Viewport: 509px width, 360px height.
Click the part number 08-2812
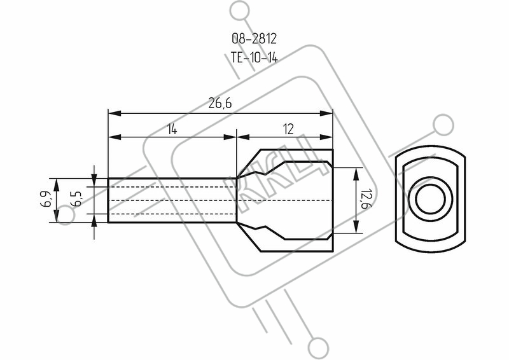click(x=254, y=39)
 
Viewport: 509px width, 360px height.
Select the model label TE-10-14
click(x=254, y=58)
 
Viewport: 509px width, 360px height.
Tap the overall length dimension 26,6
click(x=220, y=104)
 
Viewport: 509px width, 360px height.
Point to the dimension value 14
click(x=172, y=130)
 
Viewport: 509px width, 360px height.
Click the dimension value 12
click(x=288, y=129)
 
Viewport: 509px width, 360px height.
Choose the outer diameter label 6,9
click(x=46, y=199)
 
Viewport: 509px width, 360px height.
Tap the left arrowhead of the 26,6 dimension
click(x=115, y=113)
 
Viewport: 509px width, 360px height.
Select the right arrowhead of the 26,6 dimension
click(x=326, y=113)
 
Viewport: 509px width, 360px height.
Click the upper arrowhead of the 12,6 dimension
click(x=356, y=174)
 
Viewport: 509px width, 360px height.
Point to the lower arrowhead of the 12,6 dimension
click(x=356, y=226)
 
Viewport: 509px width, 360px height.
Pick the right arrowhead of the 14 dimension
click(x=230, y=137)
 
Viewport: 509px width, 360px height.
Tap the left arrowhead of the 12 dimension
click(x=243, y=137)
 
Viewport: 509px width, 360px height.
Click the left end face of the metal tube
click(x=108, y=200)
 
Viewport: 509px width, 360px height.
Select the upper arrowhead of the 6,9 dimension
click(x=57, y=184)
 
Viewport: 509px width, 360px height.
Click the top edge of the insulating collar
click(x=296, y=149)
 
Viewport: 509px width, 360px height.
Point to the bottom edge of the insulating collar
click(x=296, y=251)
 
